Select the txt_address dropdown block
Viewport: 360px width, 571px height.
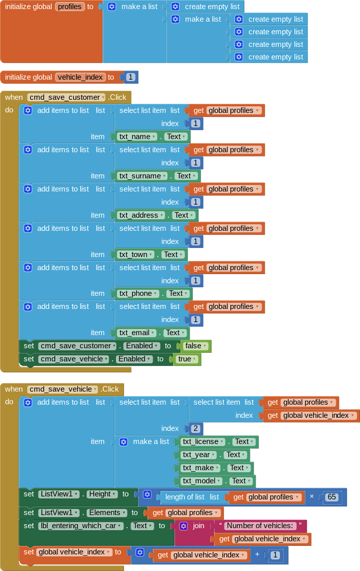(141, 215)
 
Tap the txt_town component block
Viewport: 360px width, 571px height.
(136, 255)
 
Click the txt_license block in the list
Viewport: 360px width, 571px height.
(203, 442)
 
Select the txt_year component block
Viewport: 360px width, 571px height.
(199, 455)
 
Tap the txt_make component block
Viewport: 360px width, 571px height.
(201, 468)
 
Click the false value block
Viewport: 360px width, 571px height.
(195, 346)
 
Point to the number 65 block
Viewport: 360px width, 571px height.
(331, 497)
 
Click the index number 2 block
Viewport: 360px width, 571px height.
(195, 429)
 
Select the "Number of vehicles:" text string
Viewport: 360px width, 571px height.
(260, 526)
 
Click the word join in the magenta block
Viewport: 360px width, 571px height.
(199, 526)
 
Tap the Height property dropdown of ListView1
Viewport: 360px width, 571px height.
(102, 494)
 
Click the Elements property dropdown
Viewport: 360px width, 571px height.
(107, 513)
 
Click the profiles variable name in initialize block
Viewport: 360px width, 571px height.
(70, 7)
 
